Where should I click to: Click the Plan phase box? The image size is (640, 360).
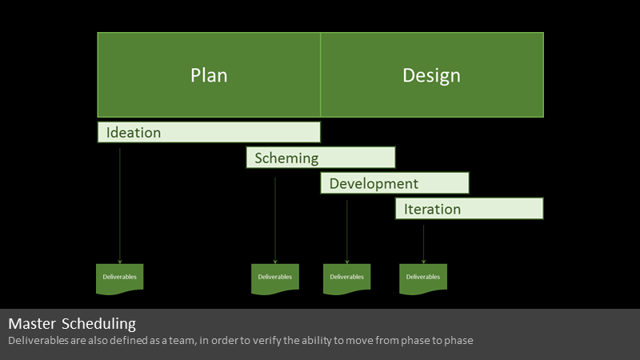click(x=209, y=74)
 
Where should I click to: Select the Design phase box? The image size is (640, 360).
click(x=432, y=74)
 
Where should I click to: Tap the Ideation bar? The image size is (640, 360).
click(x=209, y=132)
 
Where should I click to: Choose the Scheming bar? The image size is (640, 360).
click(x=321, y=158)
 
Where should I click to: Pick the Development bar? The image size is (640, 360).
click(x=394, y=183)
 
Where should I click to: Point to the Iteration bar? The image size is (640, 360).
click(x=470, y=209)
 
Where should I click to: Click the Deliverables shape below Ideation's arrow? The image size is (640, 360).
click(x=119, y=278)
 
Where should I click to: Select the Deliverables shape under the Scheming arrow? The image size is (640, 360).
click(x=275, y=278)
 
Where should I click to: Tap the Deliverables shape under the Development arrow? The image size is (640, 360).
click(x=347, y=278)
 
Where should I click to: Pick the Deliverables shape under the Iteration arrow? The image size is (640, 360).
click(x=423, y=278)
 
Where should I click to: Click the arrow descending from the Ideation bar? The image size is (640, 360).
click(x=119, y=206)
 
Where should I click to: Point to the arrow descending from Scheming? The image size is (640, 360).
click(x=275, y=221)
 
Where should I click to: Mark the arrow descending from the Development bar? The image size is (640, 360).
click(x=347, y=232)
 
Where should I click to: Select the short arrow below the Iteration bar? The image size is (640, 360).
click(x=423, y=245)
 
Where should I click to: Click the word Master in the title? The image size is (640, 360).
click(x=32, y=324)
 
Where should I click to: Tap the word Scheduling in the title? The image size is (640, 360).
click(x=98, y=324)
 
